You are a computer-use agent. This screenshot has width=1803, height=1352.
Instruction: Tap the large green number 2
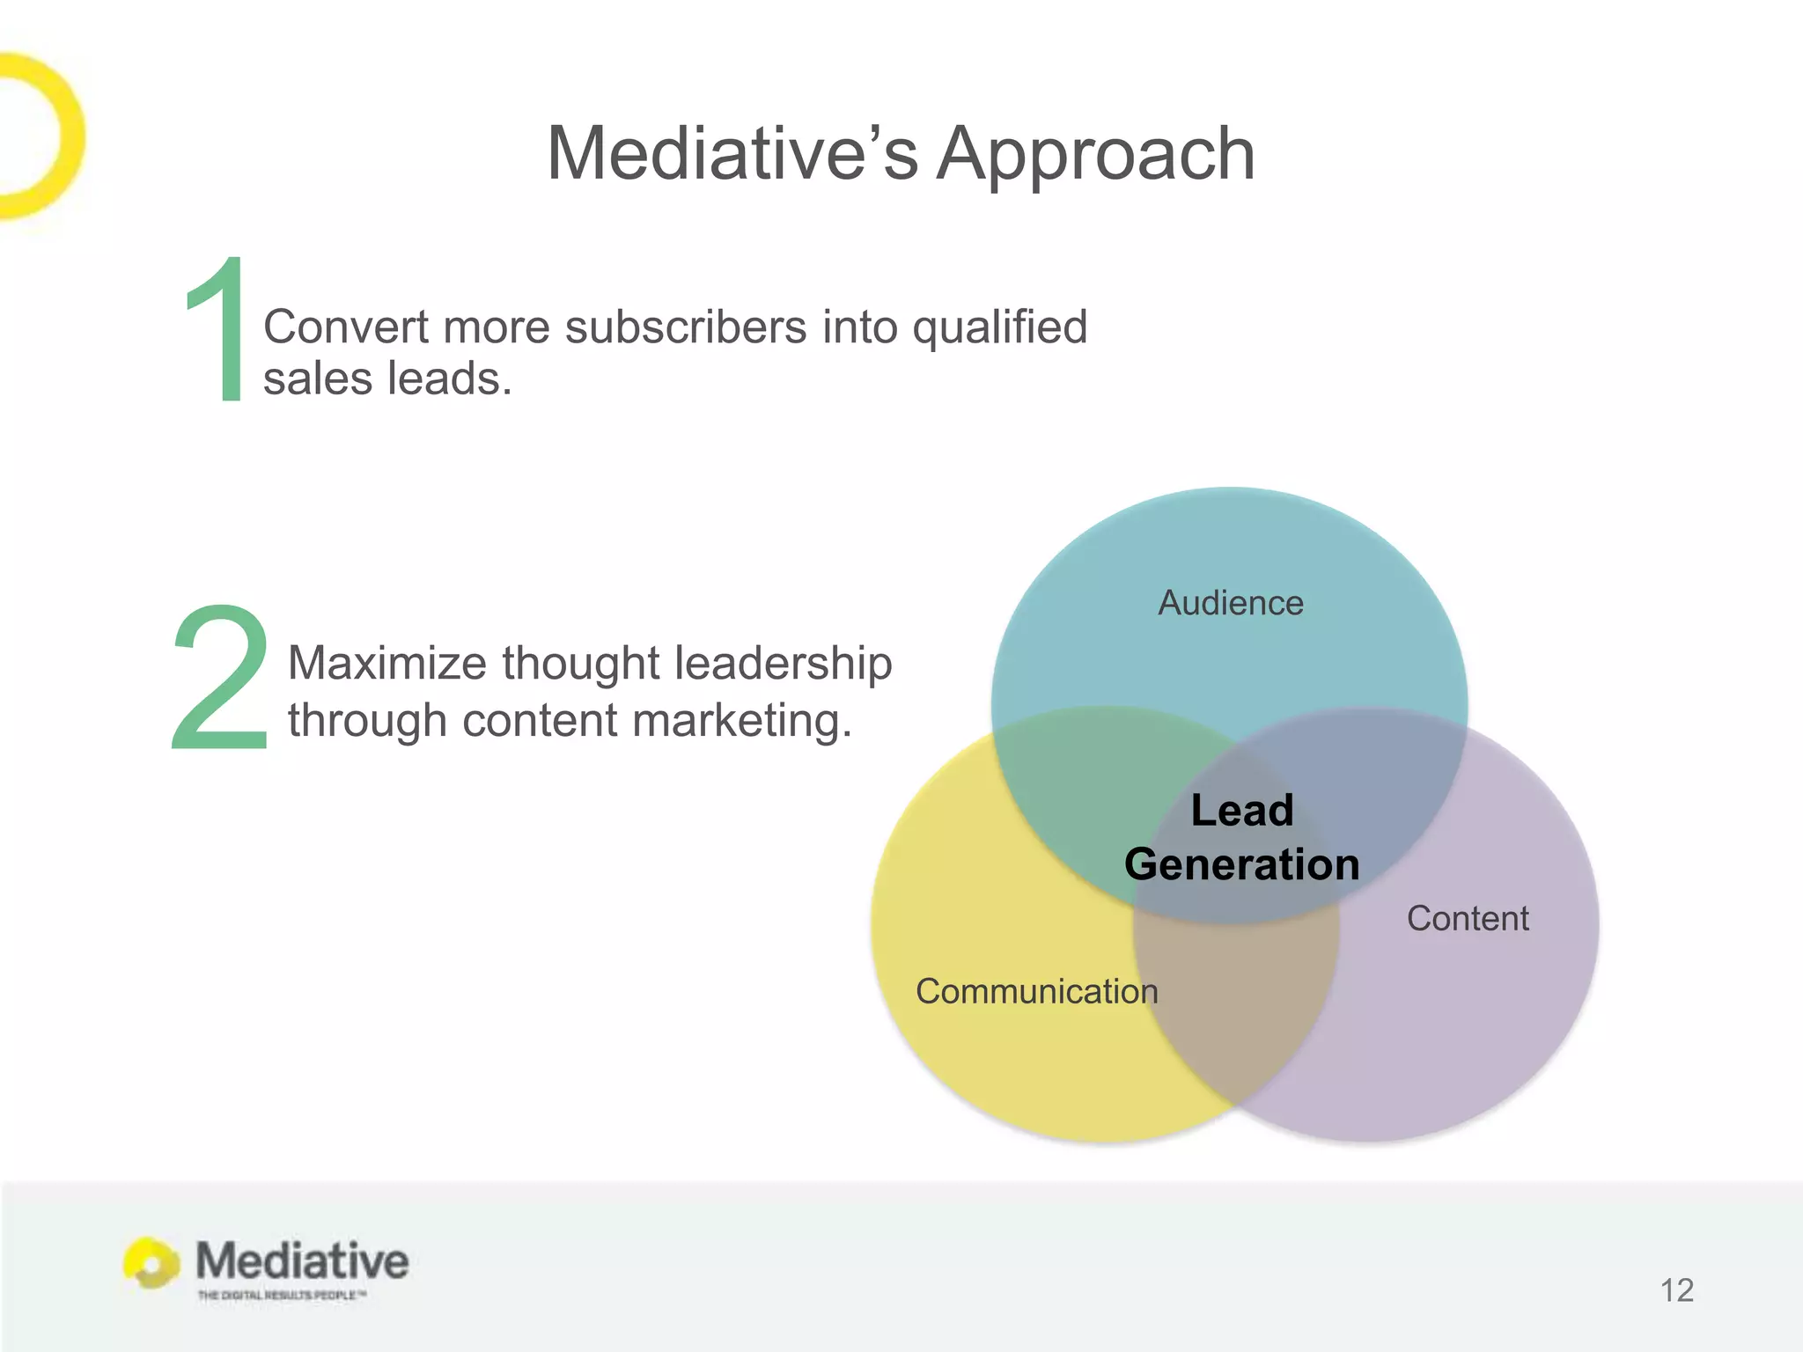pyautogui.click(x=220, y=678)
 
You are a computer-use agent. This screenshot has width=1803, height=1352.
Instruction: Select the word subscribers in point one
pyautogui.click(x=686, y=327)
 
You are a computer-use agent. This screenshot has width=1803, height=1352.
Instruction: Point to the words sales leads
pyautogui.click(x=387, y=379)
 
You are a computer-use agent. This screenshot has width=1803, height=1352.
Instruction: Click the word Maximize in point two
pyautogui.click(x=386, y=663)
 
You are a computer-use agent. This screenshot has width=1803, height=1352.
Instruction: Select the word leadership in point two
pyautogui.click(x=783, y=663)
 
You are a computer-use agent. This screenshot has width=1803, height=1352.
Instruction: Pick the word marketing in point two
pyautogui.click(x=740, y=721)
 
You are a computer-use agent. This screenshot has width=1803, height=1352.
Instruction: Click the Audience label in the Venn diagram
pyautogui.click(x=1230, y=604)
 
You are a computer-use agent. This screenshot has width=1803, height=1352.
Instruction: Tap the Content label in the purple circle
pyautogui.click(x=1467, y=919)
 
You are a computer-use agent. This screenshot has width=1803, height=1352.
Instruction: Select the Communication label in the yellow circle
pyautogui.click(x=1036, y=992)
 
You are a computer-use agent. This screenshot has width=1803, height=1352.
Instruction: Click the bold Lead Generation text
pyautogui.click(x=1241, y=837)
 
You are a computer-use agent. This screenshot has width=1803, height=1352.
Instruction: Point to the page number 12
pyautogui.click(x=1676, y=1290)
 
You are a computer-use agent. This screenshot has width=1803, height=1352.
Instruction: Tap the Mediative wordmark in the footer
pyautogui.click(x=302, y=1260)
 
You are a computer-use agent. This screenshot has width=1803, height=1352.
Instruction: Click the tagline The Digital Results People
pyautogui.click(x=281, y=1295)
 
